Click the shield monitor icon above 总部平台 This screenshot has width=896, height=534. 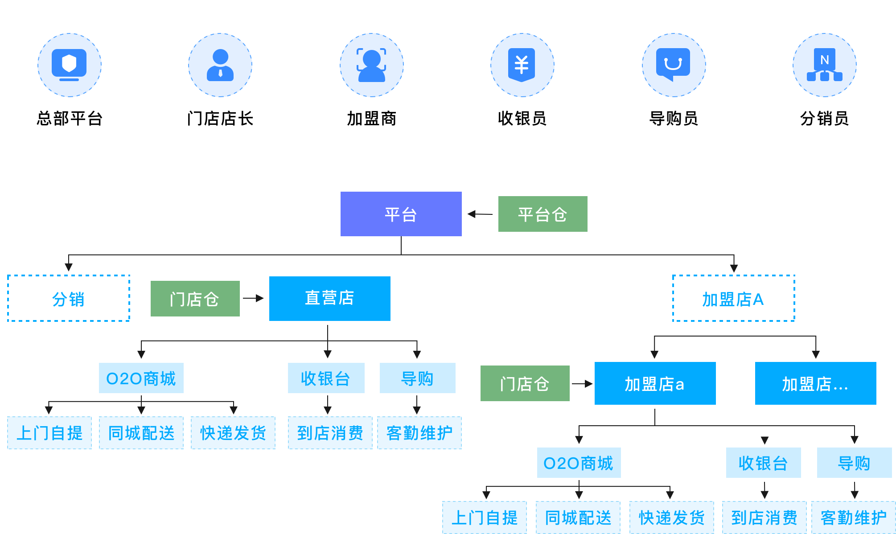[69, 65]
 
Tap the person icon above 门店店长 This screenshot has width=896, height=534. [220, 65]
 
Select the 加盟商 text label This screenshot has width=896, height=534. [371, 119]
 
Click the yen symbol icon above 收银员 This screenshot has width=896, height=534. [522, 65]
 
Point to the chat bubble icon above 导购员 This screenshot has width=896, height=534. [673, 65]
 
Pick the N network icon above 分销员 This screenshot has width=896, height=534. [824, 65]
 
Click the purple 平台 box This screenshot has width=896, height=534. [401, 214]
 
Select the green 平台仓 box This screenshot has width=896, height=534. [543, 214]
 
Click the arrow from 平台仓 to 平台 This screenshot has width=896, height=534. [480, 214]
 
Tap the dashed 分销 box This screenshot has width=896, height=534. [69, 298]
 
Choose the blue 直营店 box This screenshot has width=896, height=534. [329, 298]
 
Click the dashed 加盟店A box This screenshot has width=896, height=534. [733, 298]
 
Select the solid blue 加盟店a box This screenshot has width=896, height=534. [655, 383]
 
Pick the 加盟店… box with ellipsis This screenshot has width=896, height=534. [815, 383]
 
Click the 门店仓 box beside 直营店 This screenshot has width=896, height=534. [195, 299]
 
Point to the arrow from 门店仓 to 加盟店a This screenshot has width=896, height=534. [582, 384]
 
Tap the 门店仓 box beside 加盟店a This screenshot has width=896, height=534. [525, 383]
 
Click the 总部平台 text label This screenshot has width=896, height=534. [70, 119]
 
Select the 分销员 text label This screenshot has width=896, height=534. [824, 119]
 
